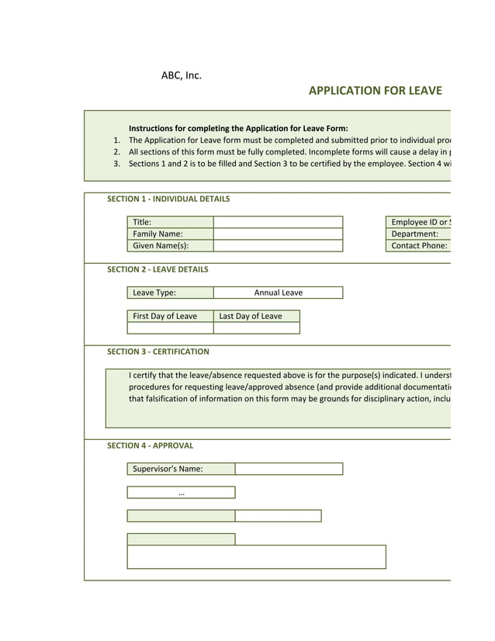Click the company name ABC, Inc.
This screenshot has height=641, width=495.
181,75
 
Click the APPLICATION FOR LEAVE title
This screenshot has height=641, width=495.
375,91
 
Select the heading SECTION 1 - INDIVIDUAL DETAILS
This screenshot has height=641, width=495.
168,199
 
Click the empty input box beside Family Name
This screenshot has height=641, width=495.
278,234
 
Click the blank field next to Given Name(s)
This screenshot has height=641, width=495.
278,245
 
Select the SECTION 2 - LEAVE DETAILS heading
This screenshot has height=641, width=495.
157,269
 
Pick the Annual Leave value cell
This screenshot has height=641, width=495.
278,293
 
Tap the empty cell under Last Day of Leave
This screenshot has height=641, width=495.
256,327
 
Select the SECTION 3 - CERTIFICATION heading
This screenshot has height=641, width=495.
157,352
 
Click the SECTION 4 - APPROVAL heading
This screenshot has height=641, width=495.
150,445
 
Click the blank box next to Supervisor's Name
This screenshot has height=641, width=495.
289,469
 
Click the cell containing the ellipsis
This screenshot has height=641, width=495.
181,492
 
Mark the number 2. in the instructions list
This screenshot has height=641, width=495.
116,152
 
